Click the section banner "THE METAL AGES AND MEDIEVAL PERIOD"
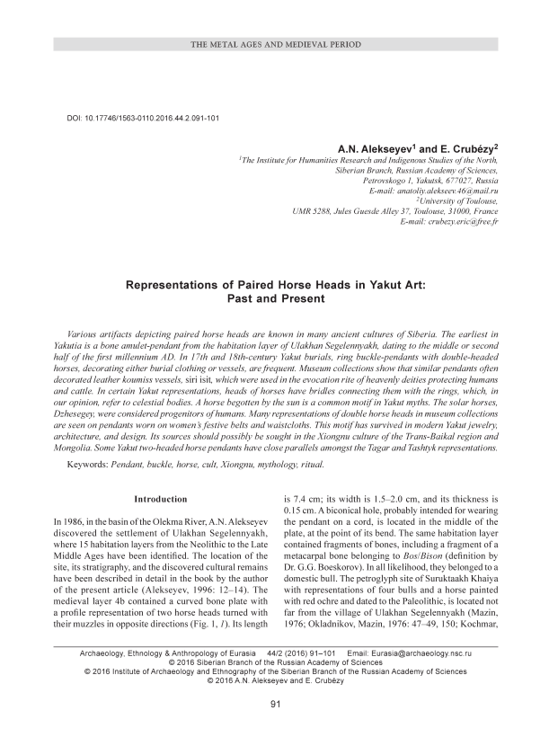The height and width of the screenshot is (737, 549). pyautogui.click(x=274, y=43)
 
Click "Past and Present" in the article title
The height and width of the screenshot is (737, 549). pyautogui.click(x=274, y=298)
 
